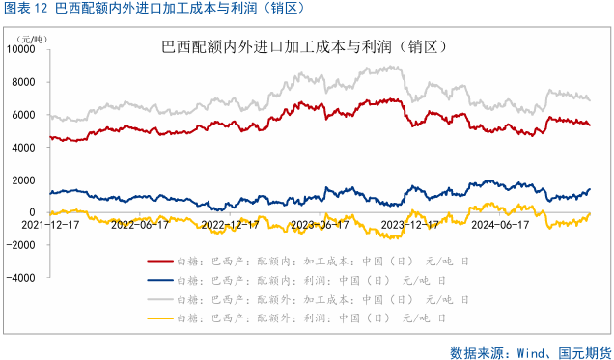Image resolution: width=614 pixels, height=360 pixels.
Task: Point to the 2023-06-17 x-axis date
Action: click(x=319, y=223)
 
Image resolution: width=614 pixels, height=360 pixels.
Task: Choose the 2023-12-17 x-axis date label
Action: click(x=408, y=223)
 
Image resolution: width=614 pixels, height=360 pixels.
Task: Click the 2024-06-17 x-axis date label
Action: click(x=499, y=223)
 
